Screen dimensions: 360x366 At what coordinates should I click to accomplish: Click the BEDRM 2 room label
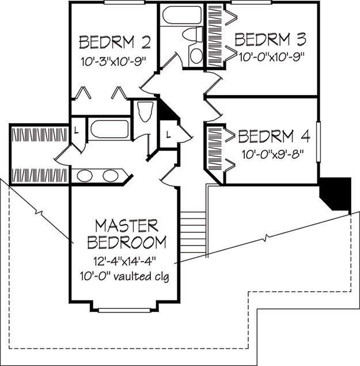(115, 42)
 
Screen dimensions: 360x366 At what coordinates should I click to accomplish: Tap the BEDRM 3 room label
(270, 39)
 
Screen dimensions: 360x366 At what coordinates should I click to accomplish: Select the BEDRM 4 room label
(274, 136)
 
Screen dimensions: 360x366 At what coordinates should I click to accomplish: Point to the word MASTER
(127, 226)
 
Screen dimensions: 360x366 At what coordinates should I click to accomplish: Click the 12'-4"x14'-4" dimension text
(124, 261)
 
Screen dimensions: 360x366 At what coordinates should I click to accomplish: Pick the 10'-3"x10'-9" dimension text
(113, 62)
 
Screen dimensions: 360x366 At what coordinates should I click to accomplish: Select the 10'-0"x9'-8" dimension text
(273, 154)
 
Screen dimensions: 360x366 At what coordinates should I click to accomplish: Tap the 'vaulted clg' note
(141, 277)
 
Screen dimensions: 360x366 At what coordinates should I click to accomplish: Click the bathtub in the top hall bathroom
(181, 15)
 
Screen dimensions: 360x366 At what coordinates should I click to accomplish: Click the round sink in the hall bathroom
(196, 55)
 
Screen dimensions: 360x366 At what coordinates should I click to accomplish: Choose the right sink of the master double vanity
(111, 176)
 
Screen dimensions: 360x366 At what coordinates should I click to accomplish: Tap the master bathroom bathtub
(109, 129)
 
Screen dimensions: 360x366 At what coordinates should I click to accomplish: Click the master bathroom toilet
(145, 112)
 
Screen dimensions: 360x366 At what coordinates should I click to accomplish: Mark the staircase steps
(193, 232)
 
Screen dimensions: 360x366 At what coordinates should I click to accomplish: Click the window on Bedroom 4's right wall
(318, 142)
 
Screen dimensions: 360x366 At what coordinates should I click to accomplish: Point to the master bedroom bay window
(124, 310)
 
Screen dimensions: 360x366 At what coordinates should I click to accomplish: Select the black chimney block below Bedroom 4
(335, 194)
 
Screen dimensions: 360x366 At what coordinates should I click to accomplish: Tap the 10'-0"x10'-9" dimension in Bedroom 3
(272, 56)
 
